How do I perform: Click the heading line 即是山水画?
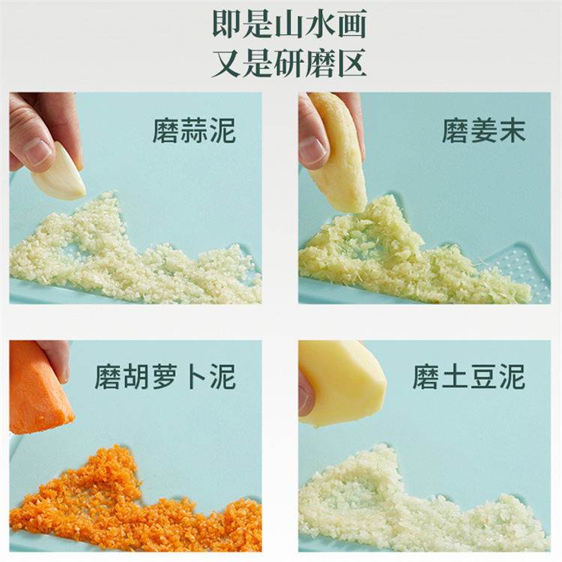[289, 25]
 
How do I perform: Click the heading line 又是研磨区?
[289, 63]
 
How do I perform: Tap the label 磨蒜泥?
[194, 131]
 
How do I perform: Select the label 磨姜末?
[483, 131]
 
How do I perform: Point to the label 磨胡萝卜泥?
[166, 377]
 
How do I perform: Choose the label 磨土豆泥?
[469, 377]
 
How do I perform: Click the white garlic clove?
[59, 173]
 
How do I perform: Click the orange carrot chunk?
[39, 388]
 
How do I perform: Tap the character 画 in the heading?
[352, 25]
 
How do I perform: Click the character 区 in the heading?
[352, 63]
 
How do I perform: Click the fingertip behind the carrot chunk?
[61, 363]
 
